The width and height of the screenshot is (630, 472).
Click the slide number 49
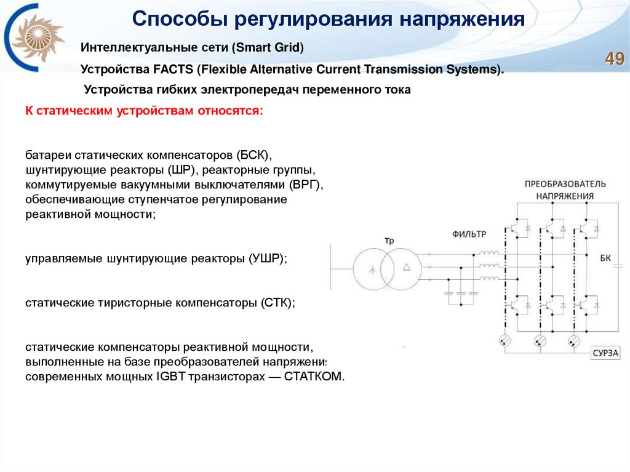point(615,59)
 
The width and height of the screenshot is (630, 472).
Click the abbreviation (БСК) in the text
point(253,154)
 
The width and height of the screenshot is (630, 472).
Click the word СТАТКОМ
point(314,376)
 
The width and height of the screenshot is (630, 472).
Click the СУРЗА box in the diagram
point(605,353)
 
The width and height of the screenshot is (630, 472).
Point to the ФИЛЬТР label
point(469,234)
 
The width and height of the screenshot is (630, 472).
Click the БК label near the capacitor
point(605,258)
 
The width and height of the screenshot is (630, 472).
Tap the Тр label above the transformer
point(388,239)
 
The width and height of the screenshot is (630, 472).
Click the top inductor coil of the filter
point(489,254)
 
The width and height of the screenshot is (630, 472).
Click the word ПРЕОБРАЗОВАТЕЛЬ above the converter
point(565,185)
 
